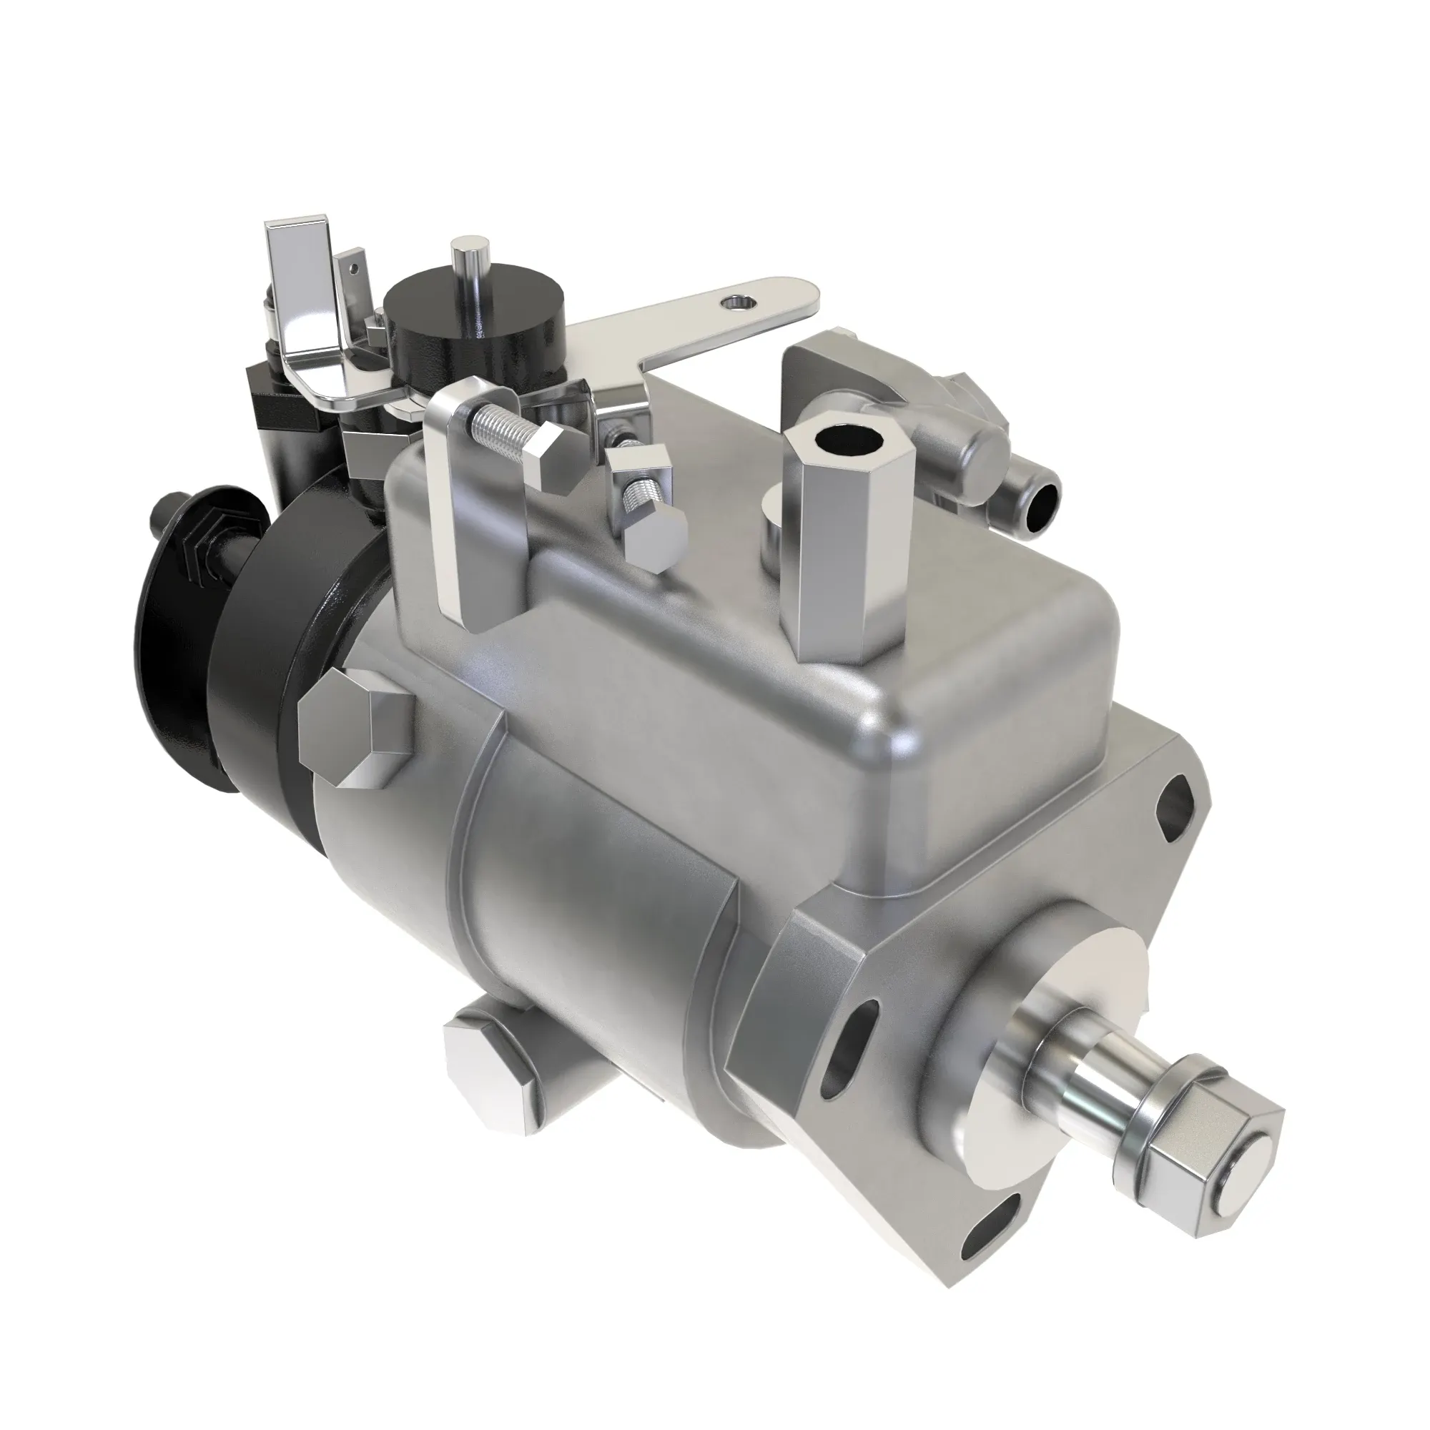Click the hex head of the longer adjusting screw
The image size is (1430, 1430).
[551, 458]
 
